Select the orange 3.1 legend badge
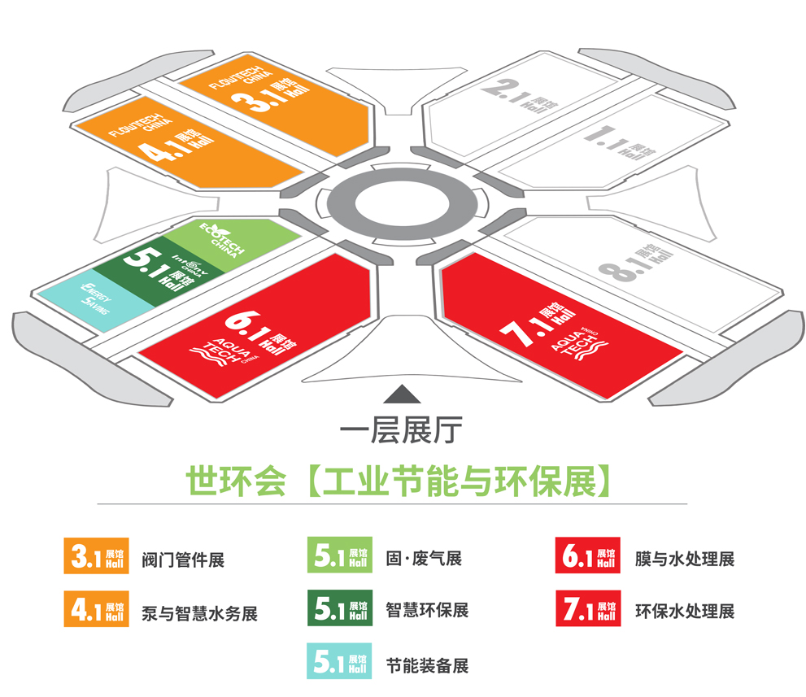pos(97,557)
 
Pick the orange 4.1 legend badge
pos(97,609)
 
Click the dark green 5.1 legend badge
pos(340,609)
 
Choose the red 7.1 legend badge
pos(587,609)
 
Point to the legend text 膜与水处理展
pos(685,559)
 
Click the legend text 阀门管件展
pos(182,560)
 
